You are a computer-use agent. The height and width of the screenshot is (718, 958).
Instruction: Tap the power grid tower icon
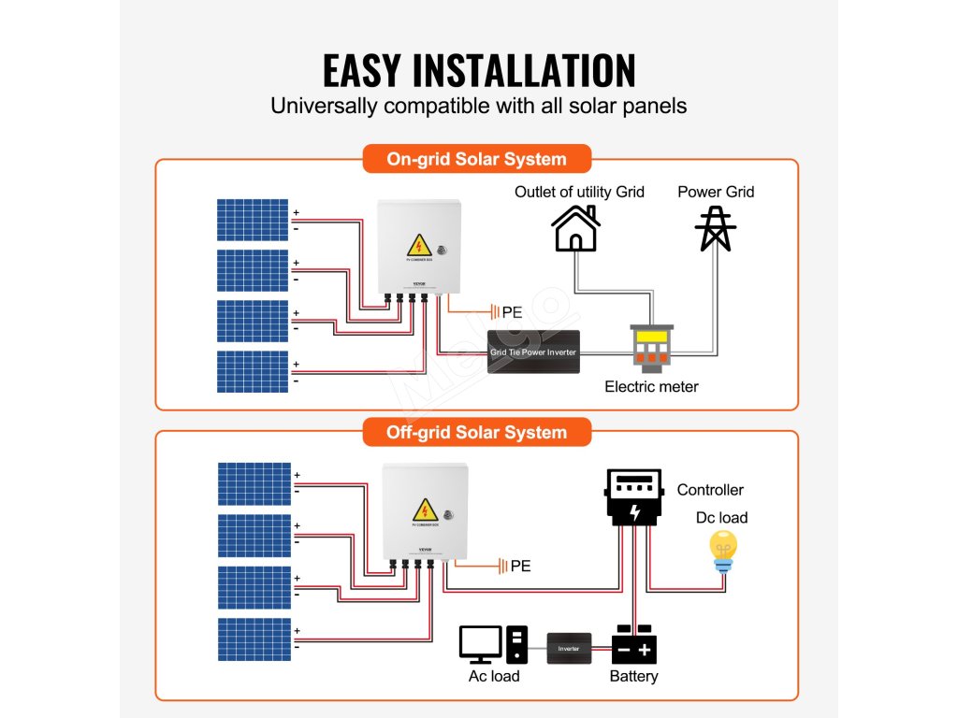tap(716, 228)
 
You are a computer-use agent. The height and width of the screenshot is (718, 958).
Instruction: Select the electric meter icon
tap(652, 349)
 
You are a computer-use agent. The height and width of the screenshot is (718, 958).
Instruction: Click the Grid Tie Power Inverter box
tap(533, 352)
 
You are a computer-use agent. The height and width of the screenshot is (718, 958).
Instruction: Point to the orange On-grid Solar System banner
tap(476, 159)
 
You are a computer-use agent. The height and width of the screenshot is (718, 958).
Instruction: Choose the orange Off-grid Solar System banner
tap(476, 432)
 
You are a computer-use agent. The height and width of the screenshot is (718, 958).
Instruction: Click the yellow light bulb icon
tap(723, 550)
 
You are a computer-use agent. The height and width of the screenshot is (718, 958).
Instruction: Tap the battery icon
tap(633, 645)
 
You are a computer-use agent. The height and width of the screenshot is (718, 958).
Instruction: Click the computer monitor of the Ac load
tap(481, 644)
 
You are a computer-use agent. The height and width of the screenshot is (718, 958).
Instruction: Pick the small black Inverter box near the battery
tap(569, 648)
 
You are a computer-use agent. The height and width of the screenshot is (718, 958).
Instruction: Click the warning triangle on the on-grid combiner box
tap(419, 246)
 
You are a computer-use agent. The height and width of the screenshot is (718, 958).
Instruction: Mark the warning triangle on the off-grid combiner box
tap(425, 510)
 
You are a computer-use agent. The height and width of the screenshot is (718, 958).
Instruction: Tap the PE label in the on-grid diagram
tap(512, 312)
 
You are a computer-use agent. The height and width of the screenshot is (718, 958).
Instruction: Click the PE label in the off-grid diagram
tap(520, 566)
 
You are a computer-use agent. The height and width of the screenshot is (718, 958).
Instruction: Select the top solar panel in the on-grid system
tap(253, 220)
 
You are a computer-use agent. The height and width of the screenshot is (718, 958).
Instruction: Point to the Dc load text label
tap(721, 518)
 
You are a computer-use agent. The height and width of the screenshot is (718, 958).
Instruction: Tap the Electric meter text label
tap(651, 386)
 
